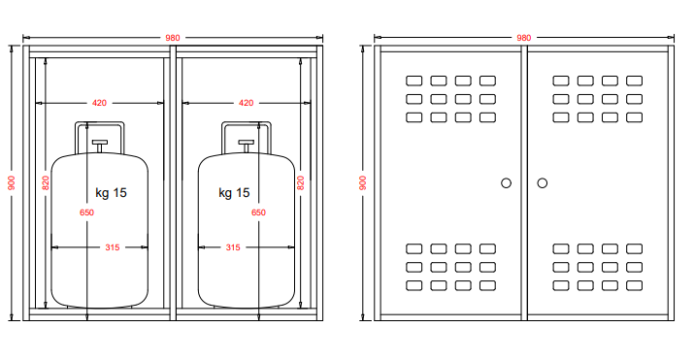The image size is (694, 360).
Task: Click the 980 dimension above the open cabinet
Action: [x=173, y=38]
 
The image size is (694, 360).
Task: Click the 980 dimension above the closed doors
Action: [x=523, y=38]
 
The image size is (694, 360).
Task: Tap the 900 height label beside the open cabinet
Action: [x=12, y=182]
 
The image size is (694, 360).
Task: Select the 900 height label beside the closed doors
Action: [x=362, y=182]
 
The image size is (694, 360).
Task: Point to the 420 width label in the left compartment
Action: [x=99, y=103]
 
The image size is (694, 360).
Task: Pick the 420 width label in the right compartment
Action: [x=247, y=103]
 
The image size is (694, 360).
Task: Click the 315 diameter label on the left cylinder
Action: [x=113, y=247]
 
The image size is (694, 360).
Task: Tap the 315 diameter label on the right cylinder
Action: [x=233, y=247]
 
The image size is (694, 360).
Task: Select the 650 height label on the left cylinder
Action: [x=86, y=213]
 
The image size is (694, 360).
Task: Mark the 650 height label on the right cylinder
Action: [x=258, y=213]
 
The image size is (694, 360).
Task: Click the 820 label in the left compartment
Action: [x=46, y=182]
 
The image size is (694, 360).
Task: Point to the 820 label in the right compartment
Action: [x=301, y=182]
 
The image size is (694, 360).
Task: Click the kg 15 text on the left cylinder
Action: [x=111, y=193]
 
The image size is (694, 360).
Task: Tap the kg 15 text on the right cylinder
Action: [x=234, y=193]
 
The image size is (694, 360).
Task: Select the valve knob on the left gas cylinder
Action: [x=100, y=143]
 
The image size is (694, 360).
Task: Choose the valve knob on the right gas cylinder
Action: [x=247, y=143]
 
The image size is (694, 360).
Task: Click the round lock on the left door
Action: [x=506, y=183]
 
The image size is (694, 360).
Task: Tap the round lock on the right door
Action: [x=543, y=183]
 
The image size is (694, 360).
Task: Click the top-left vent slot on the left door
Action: [x=413, y=81]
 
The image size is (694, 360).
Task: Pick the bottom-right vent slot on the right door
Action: [x=634, y=285]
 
